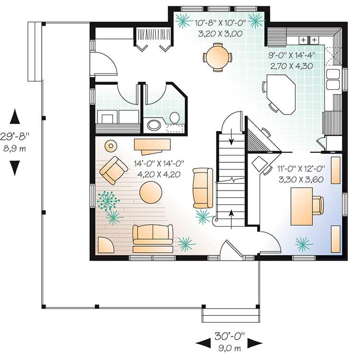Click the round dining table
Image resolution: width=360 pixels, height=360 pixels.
click(x=217, y=58)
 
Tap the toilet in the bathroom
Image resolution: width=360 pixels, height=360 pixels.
click(x=175, y=118)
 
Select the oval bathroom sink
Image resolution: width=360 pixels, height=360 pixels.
click(x=153, y=125)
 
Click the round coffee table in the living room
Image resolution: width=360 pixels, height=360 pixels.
click(x=151, y=192)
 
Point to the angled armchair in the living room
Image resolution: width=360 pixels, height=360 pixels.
click(x=114, y=170)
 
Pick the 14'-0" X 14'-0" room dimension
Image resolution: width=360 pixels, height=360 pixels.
click(x=159, y=164)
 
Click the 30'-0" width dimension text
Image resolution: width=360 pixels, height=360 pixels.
click(x=229, y=336)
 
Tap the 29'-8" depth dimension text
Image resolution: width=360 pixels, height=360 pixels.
click(x=15, y=136)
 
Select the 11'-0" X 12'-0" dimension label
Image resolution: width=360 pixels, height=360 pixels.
click(x=301, y=169)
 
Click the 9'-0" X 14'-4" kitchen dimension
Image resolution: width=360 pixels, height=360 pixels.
click(x=291, y=55)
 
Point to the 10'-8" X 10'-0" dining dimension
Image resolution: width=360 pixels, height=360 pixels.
click(x=220, y=23)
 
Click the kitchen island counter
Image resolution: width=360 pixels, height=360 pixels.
click(x=281, y=94)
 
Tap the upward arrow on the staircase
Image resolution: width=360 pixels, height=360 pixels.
click(x=232, y=219)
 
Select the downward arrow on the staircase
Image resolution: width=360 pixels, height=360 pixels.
click(x=231, y=137)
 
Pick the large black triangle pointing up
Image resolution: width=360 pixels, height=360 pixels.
click(x=15, y=117)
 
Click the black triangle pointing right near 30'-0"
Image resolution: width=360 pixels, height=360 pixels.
click(x=255, y=344)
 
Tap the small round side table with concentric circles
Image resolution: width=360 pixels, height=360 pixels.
click(x=111, y=146)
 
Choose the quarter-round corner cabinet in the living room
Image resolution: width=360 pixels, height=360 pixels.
click(x=106, y=245)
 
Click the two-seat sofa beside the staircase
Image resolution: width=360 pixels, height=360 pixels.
click(x=203, y=188)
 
